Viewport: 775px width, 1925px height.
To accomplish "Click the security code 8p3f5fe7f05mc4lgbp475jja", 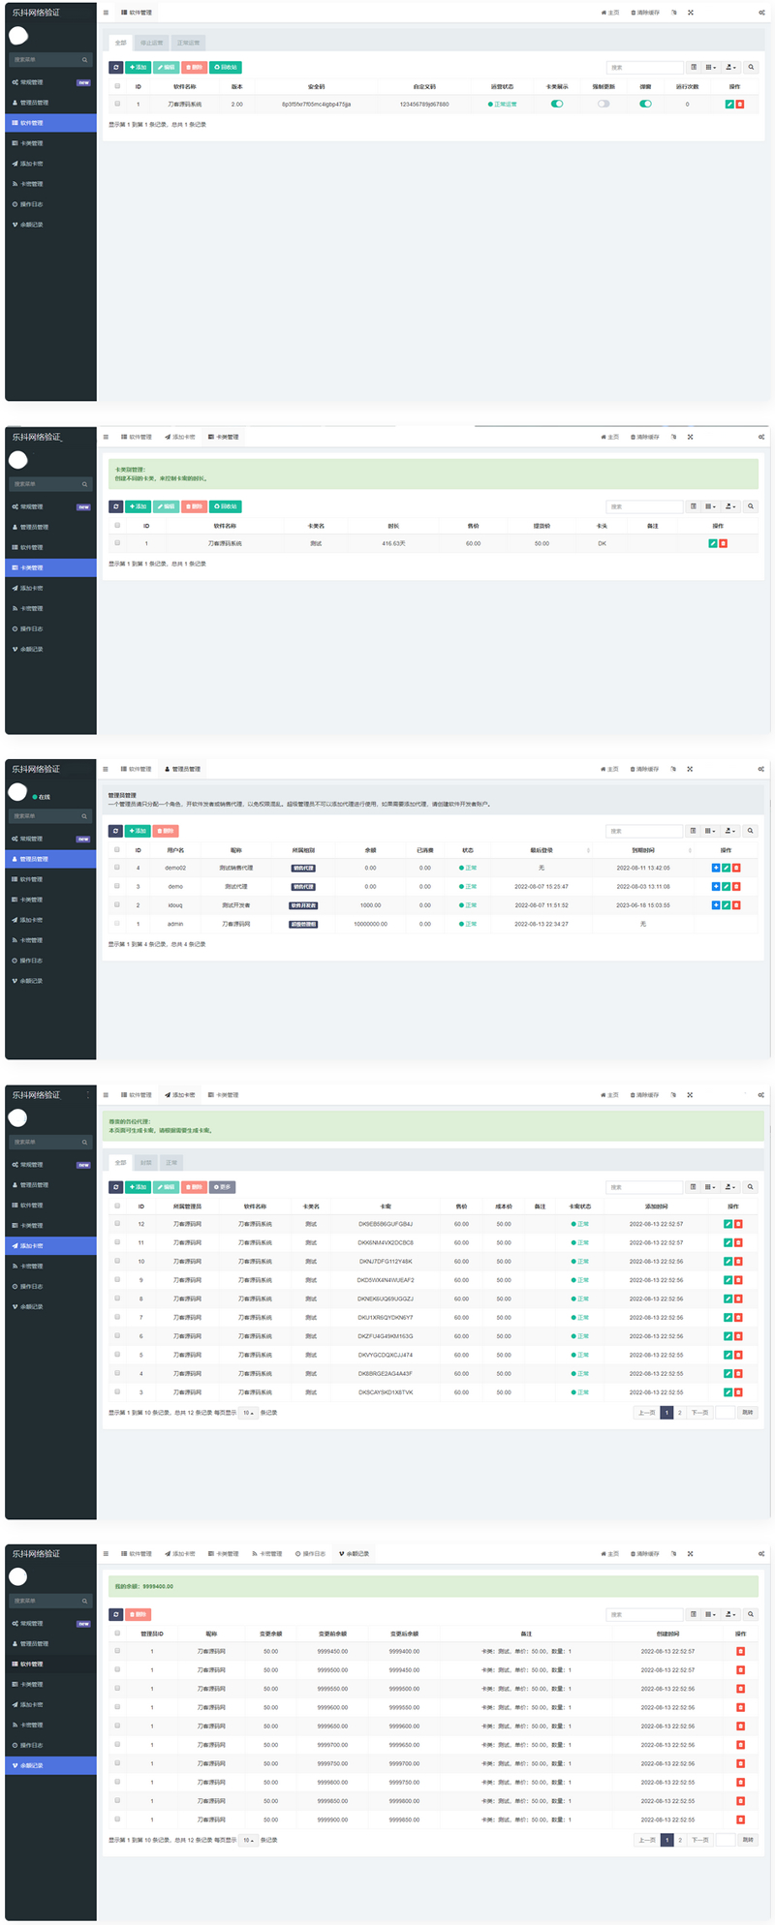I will pyautogui.click(x=316, y=104).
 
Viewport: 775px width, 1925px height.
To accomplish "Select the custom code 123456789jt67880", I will pyautogui.click(x=424, y=104).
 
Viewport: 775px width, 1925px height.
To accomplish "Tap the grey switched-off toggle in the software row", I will pyautogui.click(x=604, y=104).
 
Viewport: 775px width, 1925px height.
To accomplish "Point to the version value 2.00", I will pyautogui.click(x=237, y=104).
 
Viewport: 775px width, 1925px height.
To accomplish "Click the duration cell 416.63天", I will pyautogui.click(x=393, y=543).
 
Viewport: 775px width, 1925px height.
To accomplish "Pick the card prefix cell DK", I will pyautogui.click(x=602, y=543).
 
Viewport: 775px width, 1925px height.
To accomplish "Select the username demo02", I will pyautogui.click(x=175, y=868).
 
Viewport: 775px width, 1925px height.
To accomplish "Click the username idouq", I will pyautogui.click(x=175, y=905).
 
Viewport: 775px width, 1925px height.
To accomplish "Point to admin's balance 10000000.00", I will pyautogui.click(x=370, y=924).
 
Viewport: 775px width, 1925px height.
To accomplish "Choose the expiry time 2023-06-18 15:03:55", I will pyautogui.click(x=643, y=905).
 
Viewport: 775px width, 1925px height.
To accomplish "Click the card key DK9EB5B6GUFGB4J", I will pyautogui.click(x=386, y=1224).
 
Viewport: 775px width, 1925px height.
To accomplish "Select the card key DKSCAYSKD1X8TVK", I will pyautogui.click(x=386, y=1392).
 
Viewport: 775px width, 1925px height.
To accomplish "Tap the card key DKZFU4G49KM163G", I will pyautogui.click(x=386, y=1336).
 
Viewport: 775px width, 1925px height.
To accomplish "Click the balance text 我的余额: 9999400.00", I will pyautogui.click(x=144, y=1587).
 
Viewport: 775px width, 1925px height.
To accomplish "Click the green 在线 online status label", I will pyautogui.click(x=44, y=797).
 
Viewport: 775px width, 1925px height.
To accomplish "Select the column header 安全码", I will pyautogui.click(x=316, y=86).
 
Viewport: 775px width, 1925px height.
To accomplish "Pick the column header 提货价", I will pyautogui.click(x=542, y=526).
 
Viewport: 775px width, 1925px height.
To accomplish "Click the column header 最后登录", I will pyautogui.click(x=542, y=850).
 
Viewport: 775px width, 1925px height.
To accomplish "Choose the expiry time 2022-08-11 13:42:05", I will pyautogui.click(x=643, y=868).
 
